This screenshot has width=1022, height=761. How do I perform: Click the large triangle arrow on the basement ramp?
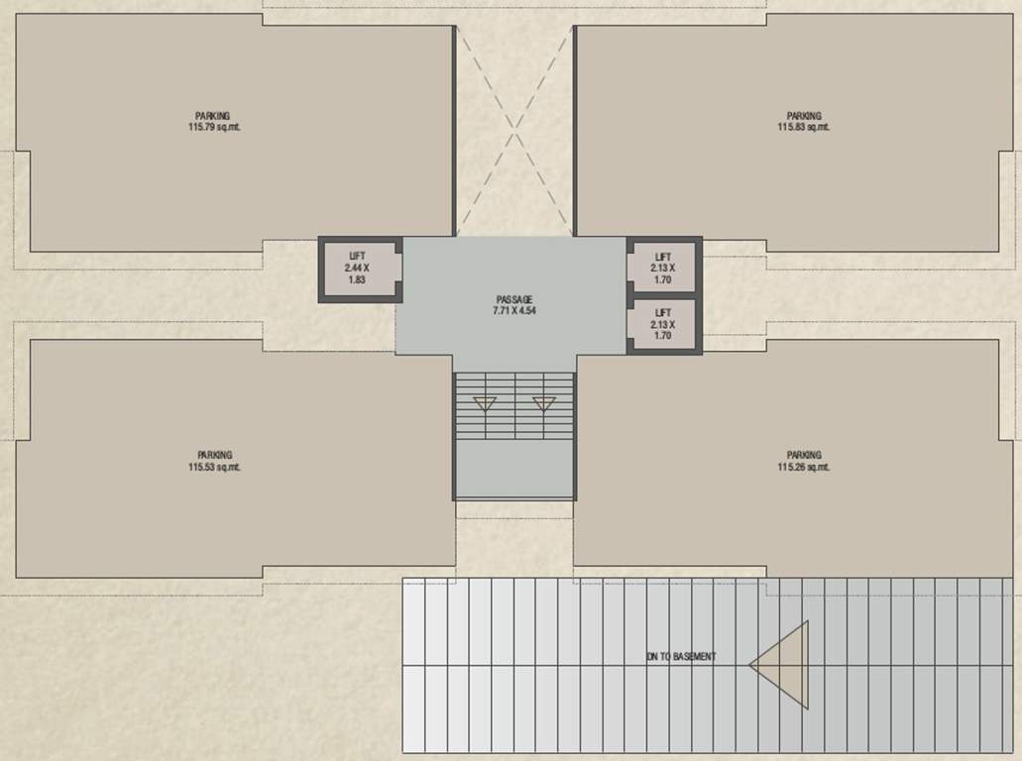click(782, 664)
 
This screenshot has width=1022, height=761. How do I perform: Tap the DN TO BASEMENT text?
click(681, 656)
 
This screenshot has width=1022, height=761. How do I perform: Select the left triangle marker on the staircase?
click(485, 403)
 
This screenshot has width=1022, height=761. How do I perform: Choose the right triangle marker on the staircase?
click(544, 403)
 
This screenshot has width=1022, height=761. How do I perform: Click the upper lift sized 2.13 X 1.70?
click(663, 268)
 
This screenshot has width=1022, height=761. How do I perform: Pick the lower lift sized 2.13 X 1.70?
click(663, 324)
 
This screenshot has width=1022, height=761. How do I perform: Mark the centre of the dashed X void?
click(514, 130)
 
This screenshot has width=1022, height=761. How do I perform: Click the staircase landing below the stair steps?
click(514, 468)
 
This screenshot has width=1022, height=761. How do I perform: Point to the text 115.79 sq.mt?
click(213, 127)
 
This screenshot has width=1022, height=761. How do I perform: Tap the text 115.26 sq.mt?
click(804, 467)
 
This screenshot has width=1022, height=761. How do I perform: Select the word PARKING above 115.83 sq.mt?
click(804, 116)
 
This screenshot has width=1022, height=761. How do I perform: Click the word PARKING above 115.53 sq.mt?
click(214, 455)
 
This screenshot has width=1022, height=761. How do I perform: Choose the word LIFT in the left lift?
click(357, 256)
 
